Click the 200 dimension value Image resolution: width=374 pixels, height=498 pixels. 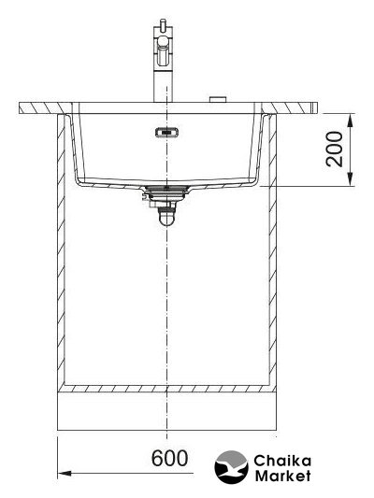(x=335, y=149)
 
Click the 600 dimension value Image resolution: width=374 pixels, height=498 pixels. (x=169, y=459)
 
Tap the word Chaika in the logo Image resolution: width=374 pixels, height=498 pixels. (x=282, y=461)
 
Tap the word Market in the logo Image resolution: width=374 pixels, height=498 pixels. (x=282, y=476)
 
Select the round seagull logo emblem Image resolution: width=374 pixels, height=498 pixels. (x=231, y=467)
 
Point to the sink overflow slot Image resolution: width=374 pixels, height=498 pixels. (x=167, y=132)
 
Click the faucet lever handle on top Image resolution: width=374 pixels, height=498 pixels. (x=163, y=25)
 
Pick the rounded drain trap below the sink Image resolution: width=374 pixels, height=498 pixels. (x=167, y=216)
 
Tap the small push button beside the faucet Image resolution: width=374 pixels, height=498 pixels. (x=218, y=99)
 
